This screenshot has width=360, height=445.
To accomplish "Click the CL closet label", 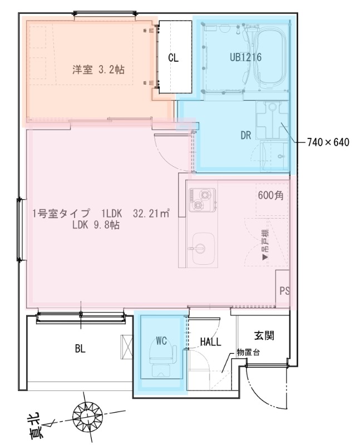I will (x=173, y=58).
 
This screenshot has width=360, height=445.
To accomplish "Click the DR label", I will (x=246, y=135).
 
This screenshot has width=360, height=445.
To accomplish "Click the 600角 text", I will (x=271, y=196).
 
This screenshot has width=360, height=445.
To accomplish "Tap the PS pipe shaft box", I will (x=284, y=291).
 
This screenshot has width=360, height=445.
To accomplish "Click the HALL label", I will (x=211, y=342).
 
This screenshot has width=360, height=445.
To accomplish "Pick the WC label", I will (x=161, y=341).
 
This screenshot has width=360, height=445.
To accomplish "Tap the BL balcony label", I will (x=81, y=349).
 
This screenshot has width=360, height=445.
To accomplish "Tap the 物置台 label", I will (x=248, y=352).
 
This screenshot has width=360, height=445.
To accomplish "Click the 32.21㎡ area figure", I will (x=151, y=214).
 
